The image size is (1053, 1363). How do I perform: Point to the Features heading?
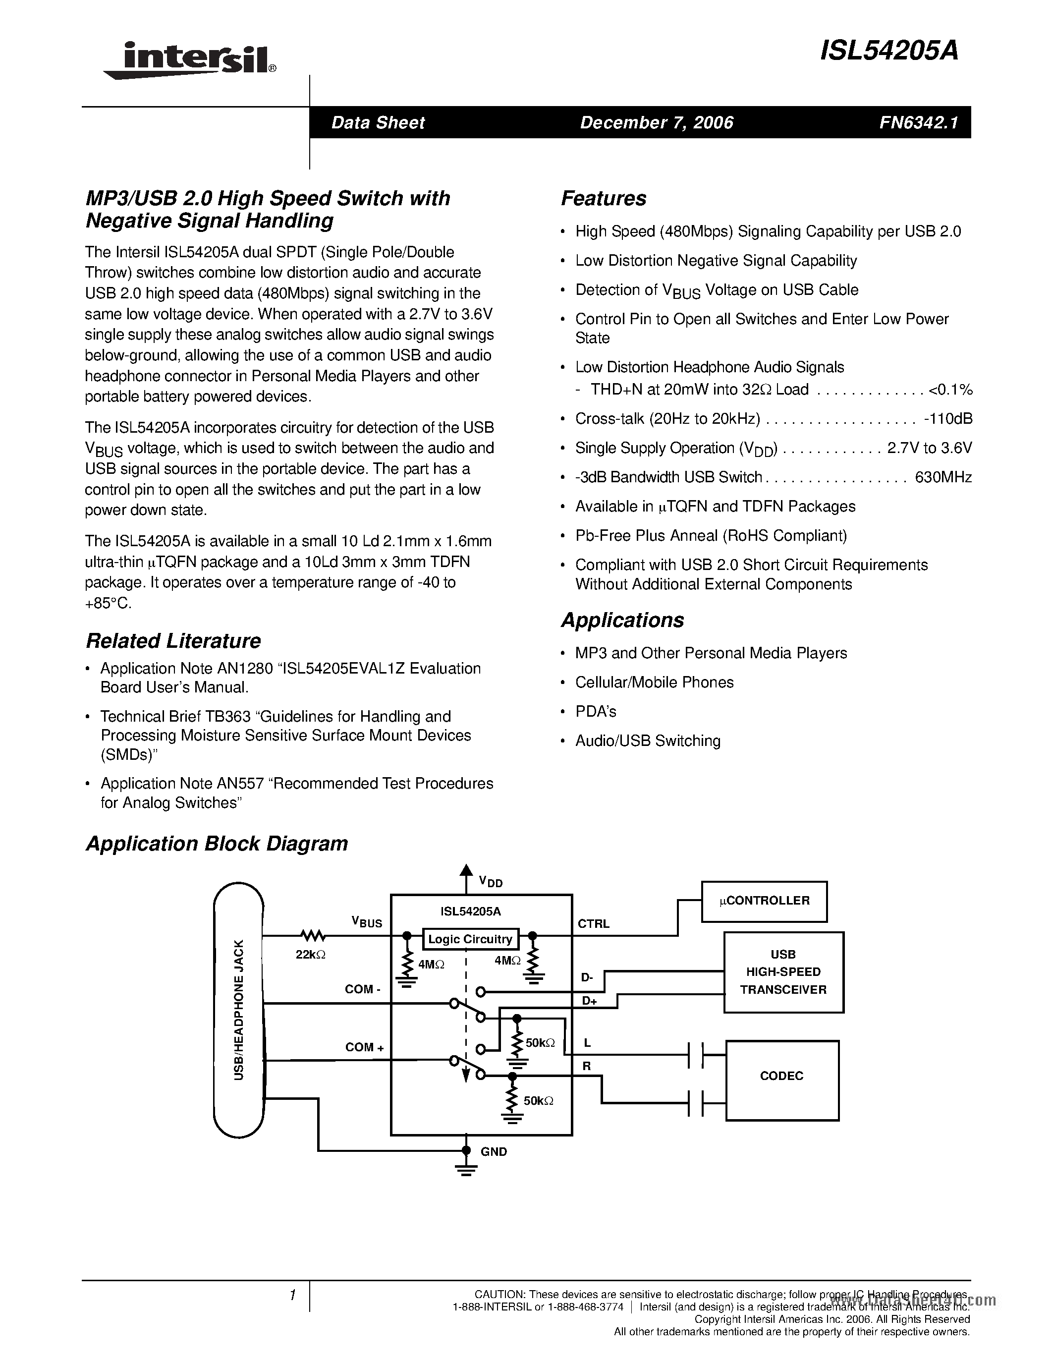pyautogui.click(x=603, y=198)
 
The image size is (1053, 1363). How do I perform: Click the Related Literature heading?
pyautogui.click(x=173, y=641)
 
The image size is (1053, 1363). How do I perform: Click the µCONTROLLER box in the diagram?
pyautogui.click(x=764, y=901)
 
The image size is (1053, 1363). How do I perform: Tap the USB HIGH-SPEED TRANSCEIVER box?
pyautogui.click(x=783, y=972)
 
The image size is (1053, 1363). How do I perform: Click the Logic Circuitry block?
pyautogui.click(x=470, y=939)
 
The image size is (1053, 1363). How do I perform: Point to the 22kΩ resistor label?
pyautogui.click(x=311, y=954)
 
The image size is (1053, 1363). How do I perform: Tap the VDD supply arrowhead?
pyautogui.click(x=465, y=869)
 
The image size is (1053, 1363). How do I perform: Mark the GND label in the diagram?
pyautogui.click(x=494, y=1151)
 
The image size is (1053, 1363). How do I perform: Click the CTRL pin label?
pyautogui.click(x=593, y=924)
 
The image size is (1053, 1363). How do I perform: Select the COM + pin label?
pyautogui.click(x=364, y=1047)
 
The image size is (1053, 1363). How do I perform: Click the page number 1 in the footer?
pyautogui.click(x=291, y=1296)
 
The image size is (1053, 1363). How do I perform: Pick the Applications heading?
pyautogui.click(x=622, y=621)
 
